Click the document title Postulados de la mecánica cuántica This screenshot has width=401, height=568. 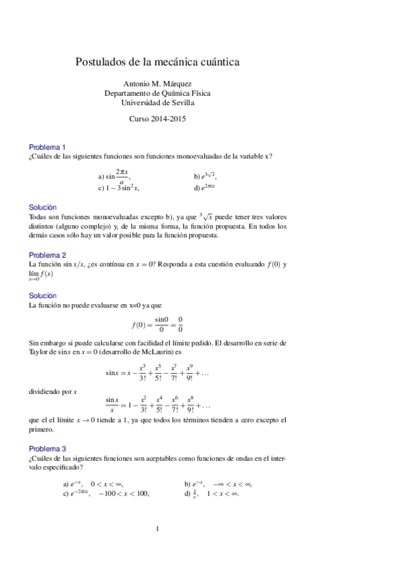157,62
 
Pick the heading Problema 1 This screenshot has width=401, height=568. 47,147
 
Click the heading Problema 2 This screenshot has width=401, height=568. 47,255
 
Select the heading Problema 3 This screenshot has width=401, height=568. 47,449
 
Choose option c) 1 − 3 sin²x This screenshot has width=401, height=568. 118,188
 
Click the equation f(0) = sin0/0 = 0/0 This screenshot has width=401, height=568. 157,325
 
